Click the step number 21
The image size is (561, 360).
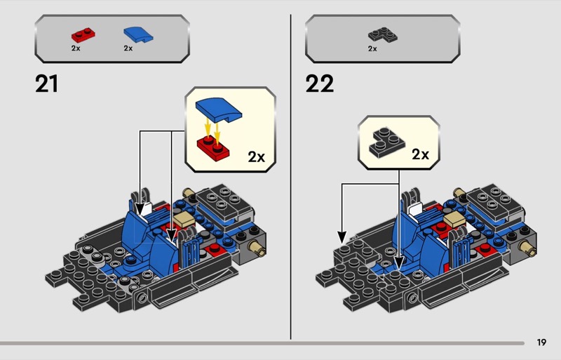click(x=46, y=84)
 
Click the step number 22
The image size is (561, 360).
click(x=320, y=84)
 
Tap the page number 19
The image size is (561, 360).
click(x=541, y=342)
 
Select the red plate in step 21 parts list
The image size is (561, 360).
click(x=83, y=36)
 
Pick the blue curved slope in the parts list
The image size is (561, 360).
click(x=138, y=35)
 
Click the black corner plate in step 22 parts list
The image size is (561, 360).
click(x=382, y=35)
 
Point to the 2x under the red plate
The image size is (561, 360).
click(x=76, y=48)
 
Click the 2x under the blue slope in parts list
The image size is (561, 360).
click(x=128, y=48)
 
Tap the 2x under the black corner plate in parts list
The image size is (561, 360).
click(x=372, y=48)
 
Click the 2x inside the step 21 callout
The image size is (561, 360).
click(x=257, y=157)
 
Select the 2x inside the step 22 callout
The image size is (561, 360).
click(x=420, y=154)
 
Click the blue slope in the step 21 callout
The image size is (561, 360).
click(x=219, y=109)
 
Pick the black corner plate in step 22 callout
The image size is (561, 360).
click(x=387, y=142)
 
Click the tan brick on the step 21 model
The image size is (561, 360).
click(x=184, y=219)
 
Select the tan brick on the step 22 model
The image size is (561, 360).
click(x=454, y=219)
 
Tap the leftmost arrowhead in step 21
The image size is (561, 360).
click(x=140, y=210)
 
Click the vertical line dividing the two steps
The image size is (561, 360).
click(x=290, y=177)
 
